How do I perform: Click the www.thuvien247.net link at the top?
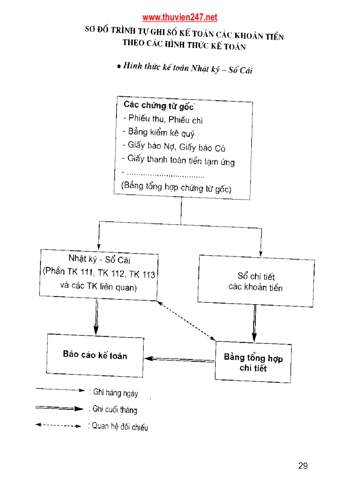point(180,18)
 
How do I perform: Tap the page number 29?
point(303,466)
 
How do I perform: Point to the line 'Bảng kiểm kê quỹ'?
point(161,133)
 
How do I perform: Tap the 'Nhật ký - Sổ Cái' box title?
point(99,260)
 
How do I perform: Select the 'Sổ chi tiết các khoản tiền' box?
point(256,282)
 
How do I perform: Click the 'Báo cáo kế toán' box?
point(95,355)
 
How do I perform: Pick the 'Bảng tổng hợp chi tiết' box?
point(253,362)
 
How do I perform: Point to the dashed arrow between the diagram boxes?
point(186,320)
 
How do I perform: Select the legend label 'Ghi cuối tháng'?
point(115,410)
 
